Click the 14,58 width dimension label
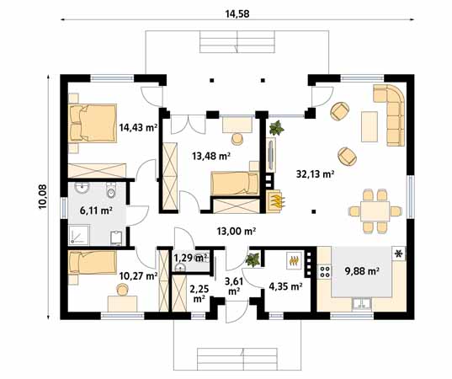[x=237, y=13]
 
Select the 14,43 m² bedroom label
[x=138, y=128]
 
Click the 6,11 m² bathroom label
[x=95, y=211]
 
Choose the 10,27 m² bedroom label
[x=138, y=275]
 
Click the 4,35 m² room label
[x=284, y=286]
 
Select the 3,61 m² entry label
[x=233, y=286]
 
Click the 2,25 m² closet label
[x=199, y=292]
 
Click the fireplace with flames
[x=275, y=200]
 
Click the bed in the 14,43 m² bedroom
[x=92, y=123]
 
